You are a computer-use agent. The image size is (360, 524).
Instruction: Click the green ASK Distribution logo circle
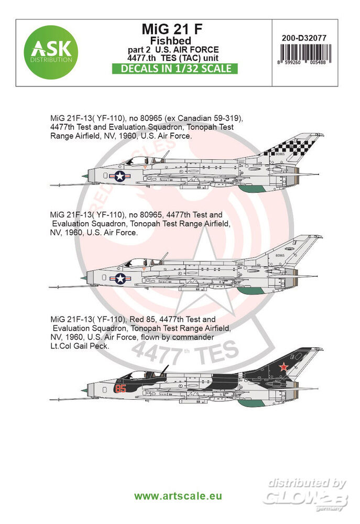[50, 52]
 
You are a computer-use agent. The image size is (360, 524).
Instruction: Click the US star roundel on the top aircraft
[120, 177]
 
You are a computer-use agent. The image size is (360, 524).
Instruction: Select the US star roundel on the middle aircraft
[121, 279]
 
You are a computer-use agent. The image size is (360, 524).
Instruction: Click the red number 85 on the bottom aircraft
[121, 389]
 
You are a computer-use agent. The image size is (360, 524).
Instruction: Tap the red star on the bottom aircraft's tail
[283, 367]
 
